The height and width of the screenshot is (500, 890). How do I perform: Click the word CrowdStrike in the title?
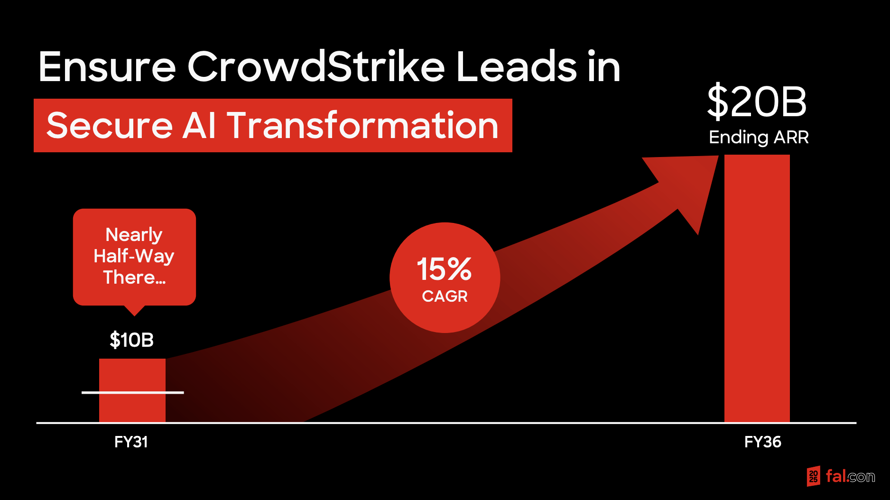(316, 66)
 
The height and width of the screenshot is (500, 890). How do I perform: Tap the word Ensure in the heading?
(107, 67)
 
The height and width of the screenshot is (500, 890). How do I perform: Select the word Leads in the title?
(516, 66)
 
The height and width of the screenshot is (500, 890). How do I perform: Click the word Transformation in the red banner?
(363, 125)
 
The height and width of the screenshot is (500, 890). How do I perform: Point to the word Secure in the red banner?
(110, 126)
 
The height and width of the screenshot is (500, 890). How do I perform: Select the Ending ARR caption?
(759, 138)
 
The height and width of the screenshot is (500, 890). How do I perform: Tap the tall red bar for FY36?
(757, 288)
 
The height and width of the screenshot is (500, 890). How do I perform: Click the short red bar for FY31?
(132, 390)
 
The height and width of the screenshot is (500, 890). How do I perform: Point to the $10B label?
(132, 340)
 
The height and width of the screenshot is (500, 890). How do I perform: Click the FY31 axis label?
(131, 442)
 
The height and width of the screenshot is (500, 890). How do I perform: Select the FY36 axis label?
(763, 442)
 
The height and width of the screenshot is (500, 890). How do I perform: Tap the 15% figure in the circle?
(444, 269)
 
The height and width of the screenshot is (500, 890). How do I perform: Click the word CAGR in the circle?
(445, 296)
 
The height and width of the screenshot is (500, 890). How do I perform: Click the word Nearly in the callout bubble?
(134, 235)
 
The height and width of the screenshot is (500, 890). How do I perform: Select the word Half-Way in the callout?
(134, 256)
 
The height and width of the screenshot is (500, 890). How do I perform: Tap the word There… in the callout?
(134, 277)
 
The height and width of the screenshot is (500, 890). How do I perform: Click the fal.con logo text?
(850, 476)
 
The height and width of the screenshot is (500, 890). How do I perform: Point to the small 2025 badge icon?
(813, 476)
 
